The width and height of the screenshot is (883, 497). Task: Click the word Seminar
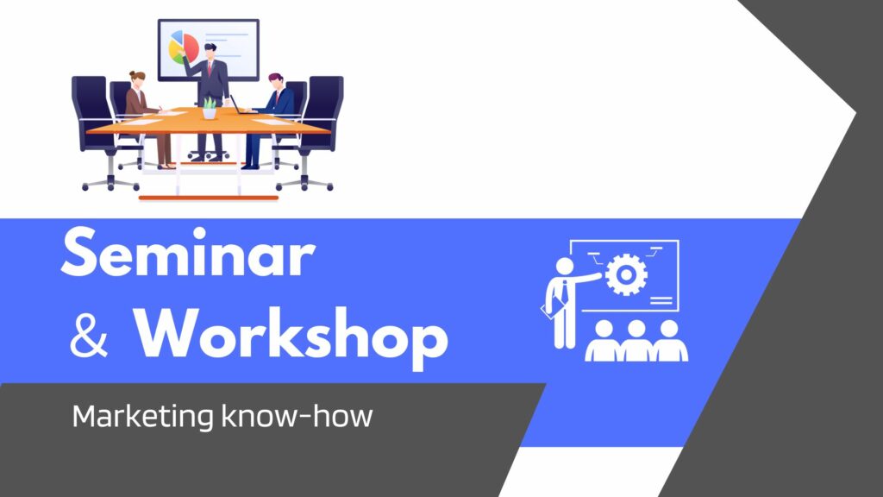coord(187,252)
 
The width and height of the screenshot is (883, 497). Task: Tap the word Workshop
coord(291,337)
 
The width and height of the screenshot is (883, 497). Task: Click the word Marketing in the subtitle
coord(143,417)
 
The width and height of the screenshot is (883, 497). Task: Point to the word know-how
coord(297,416)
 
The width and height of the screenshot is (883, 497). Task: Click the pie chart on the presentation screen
coord(184,47)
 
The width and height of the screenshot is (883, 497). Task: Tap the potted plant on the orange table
coord(209,108)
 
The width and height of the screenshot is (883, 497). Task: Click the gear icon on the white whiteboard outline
coord(626,274)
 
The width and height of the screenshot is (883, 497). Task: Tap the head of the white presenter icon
coord(564,266)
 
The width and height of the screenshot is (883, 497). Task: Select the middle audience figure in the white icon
coord(637,341)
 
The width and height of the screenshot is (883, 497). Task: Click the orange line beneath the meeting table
coord(209,198)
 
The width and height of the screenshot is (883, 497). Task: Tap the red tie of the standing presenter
coord(210,68)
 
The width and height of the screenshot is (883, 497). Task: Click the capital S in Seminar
coord(81,252)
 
